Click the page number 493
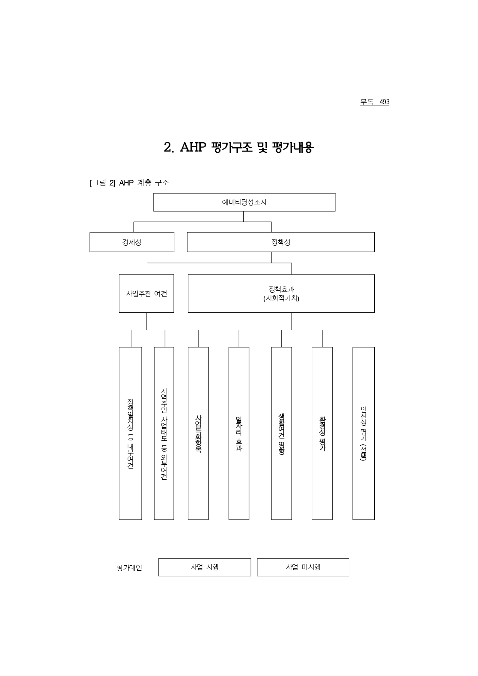point(384,102)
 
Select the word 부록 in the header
point(367,102)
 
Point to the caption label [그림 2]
point(102,183)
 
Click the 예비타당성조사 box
point(244,202)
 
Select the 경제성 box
point(132,242)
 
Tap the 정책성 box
point(281,242)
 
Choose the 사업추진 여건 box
point(146,293)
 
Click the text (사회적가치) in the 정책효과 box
point(281,298)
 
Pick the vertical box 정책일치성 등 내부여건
point(130,433)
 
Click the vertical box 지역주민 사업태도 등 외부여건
point(164,433)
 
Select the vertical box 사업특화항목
point(198,433)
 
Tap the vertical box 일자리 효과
point(239,433)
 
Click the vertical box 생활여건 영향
point(281,433)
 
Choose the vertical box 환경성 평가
point(322,433)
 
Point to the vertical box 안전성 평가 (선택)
point(364,433)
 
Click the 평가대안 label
point(130,568)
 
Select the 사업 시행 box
point(205,567)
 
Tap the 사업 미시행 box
point(303,567)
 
